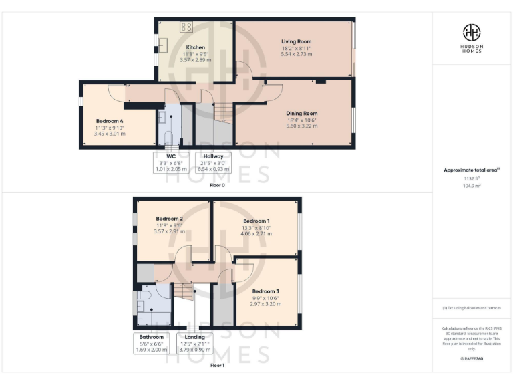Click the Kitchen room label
point(196,47)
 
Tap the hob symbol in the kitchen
point(187,27)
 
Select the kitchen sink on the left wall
point(162,45)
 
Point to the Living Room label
point(296,41)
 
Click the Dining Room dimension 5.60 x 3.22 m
point(301,125)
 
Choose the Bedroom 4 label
point(110,121)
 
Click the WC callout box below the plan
point(169,162)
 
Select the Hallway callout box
point(213,162)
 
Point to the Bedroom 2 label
point(170,219)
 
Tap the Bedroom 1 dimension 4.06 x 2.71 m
point(256,233)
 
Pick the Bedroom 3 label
point(266,291)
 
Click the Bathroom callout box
point(151,343)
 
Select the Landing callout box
point(194,343)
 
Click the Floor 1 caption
point(217,366)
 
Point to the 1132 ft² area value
point(472,179)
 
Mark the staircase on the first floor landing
point(184,291)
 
